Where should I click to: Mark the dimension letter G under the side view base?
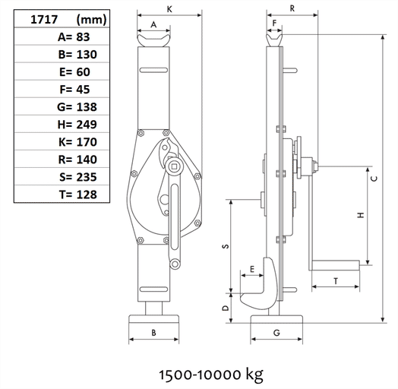click(x=276, y=333)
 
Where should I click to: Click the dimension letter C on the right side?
click(x=374, y=179)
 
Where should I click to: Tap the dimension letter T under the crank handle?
click(x=335, y=280)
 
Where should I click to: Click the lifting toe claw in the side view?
click(x=262, y=289)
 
